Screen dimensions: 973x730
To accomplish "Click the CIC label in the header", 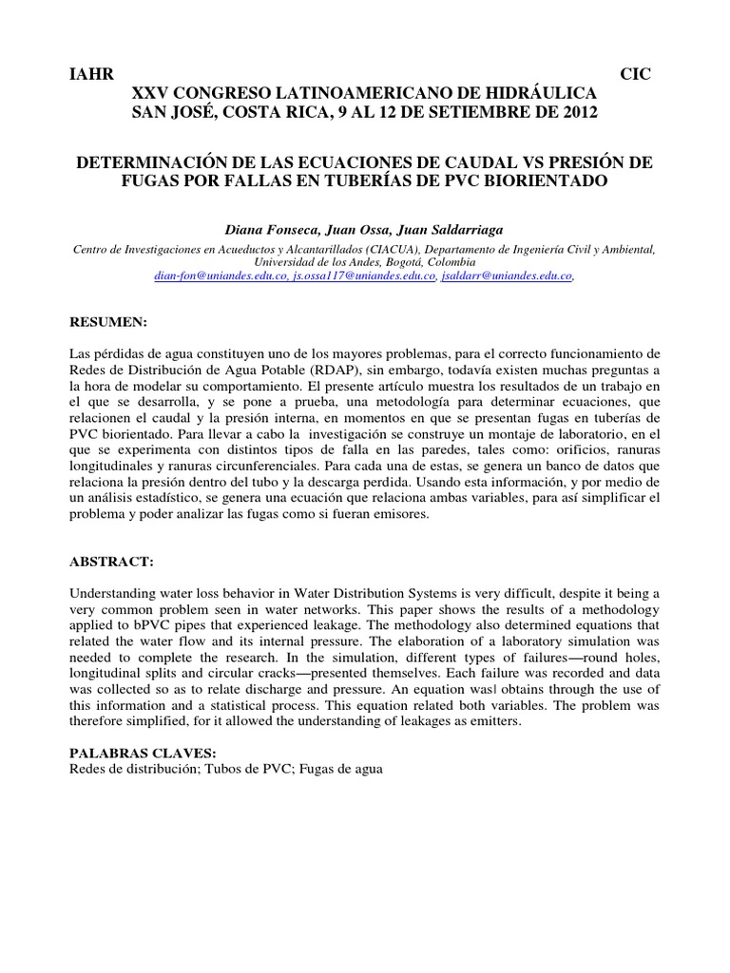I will click(635, 75).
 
